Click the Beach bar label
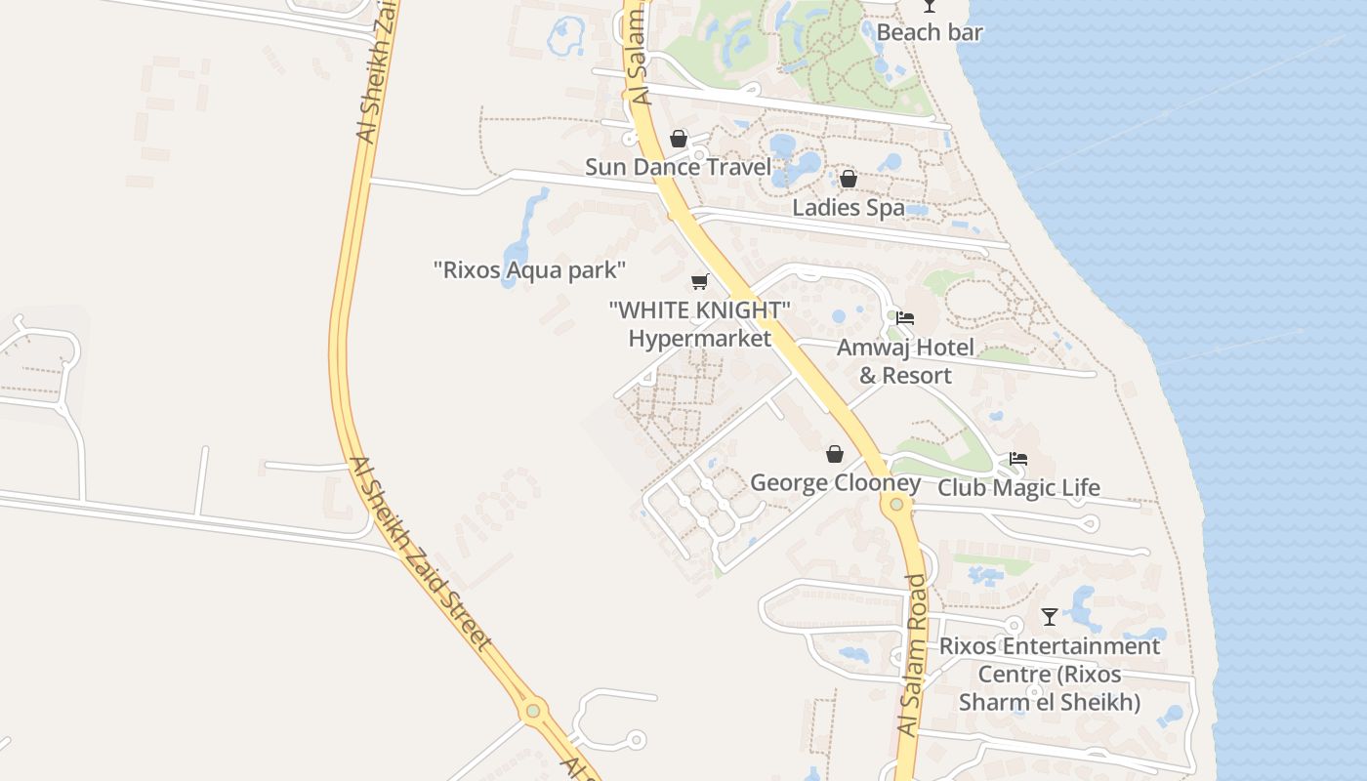[x=930, y=32]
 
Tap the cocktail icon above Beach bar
[x=930, y=6]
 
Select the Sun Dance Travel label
[x=678, y=167]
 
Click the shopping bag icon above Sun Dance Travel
[x=679, y=139]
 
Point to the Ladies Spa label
[x=848, y=207]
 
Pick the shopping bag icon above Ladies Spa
[x=849, y=179]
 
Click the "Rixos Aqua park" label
[x=529, y=269]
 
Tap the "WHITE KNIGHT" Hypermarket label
[x=699, y=324]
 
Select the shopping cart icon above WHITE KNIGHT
[x=699, y=282]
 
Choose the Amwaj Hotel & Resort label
[x=905, y=361]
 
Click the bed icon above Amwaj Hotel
[x=905, y=318]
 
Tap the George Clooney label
[x=835, y=483]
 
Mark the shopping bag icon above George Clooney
[x=835, y=454]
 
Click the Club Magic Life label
[x=1018, y=487]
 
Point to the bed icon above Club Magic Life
[x=1018, y=459]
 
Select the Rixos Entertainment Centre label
[x=1050, y=674]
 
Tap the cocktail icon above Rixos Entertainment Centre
[x=1050, y=617]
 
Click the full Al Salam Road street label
[x=910, y=656]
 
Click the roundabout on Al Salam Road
[x=896, y=504]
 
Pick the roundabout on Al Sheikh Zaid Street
[x=533, y=711]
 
